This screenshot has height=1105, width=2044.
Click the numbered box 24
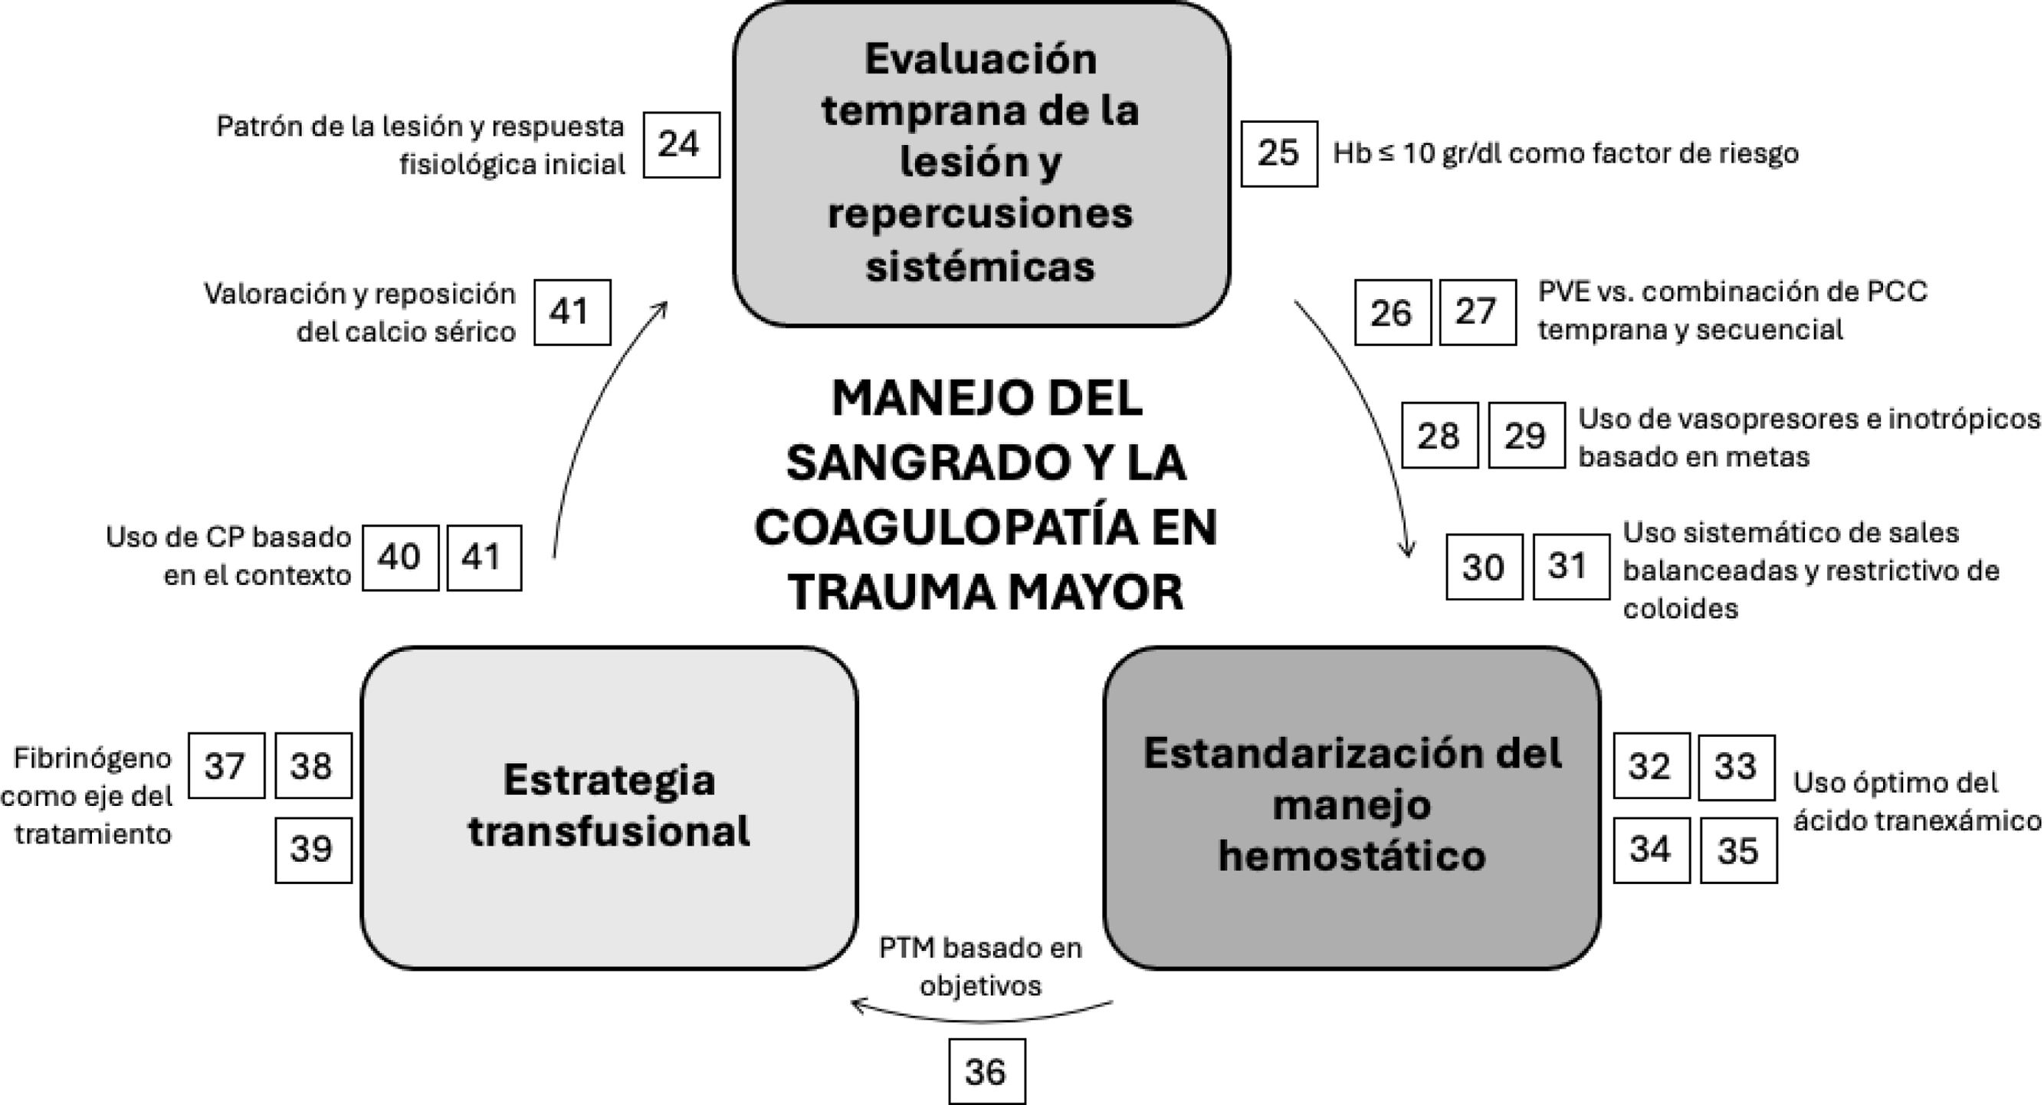coord(681,144)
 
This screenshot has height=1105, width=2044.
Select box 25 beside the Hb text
coord(1278,153)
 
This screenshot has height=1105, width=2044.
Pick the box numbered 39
coord(313,850)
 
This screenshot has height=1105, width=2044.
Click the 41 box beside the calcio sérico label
coord(571,312)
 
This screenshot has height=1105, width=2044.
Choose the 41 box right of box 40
coord(484,557)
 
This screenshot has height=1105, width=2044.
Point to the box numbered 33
coord(1736,767)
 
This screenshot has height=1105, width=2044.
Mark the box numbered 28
coord(1439,435)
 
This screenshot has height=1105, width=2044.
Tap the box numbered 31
coord(1570,566)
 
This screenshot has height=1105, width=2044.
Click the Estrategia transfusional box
coord(609,807)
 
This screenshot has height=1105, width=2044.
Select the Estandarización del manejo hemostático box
coord(1351,807)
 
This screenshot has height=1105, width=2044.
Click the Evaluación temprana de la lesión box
coord(981,163)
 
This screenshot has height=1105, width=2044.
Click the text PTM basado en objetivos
coord(981,966)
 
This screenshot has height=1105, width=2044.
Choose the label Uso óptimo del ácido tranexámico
coord(1916,802)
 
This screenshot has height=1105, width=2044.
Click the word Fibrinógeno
coord(92,758)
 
